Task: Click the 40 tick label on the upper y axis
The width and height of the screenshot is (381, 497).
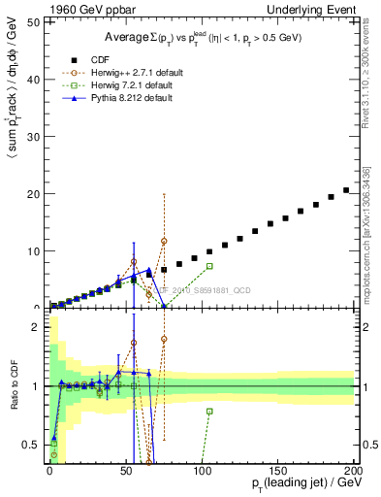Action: [37, 81]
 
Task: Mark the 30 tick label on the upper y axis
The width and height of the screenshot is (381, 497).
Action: [37, 137]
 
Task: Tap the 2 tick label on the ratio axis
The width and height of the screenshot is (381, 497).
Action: [39, 327]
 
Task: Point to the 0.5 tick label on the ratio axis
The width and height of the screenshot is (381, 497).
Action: [35, 445]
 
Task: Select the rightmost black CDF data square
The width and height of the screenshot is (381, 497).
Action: [346, 190]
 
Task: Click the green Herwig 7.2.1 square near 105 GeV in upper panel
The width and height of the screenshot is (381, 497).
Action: [209, 266]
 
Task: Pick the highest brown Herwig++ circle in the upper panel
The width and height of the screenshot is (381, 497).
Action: [164, 241]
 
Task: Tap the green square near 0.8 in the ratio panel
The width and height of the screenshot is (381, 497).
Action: [209, 411]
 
